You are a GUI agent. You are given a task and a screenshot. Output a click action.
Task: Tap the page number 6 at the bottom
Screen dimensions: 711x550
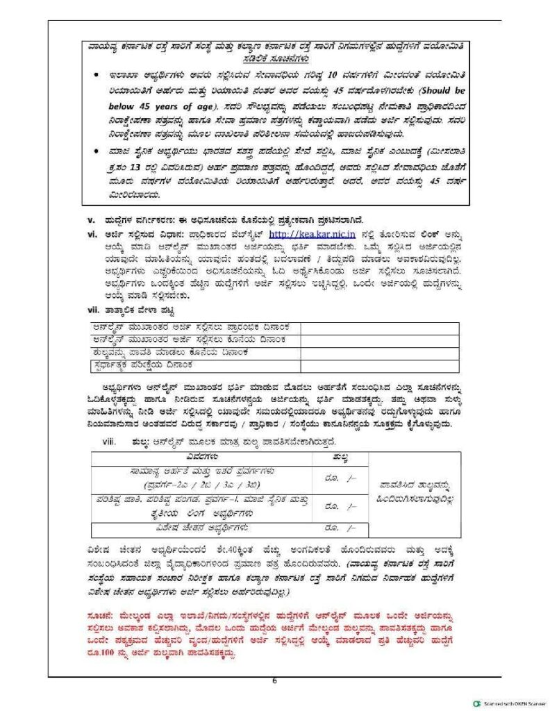[x=275, y=680]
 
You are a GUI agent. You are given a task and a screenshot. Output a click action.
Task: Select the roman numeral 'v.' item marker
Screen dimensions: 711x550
[x=91, y=219]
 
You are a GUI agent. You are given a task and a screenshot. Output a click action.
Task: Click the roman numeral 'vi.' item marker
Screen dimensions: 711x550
[x=92, y=235]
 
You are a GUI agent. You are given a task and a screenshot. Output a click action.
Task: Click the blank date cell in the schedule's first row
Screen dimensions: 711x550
[x=379, y=326]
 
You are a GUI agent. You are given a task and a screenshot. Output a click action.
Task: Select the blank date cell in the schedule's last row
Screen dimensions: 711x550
[x=379, y=364]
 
